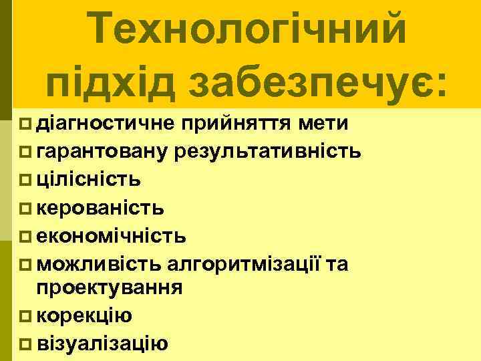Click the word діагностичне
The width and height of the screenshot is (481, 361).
pos(106,123)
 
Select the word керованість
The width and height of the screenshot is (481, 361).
pos(100,208)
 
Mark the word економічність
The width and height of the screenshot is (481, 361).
pos(112,236)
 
